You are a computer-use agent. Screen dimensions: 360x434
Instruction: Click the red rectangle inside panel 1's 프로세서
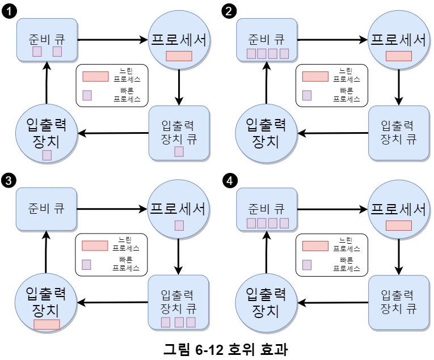coord(179,56)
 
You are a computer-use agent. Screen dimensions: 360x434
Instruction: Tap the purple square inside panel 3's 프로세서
coord(179,226)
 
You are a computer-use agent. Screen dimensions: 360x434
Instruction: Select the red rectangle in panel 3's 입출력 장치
coord(47,324)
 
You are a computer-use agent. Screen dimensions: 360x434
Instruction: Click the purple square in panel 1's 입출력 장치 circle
coord(47,154)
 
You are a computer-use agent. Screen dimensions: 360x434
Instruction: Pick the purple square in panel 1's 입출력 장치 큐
coord(179,151)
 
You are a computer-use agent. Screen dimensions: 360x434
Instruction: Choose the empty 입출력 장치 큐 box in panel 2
coord(398,133)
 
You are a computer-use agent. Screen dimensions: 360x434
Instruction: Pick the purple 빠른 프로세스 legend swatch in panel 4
coord(307,264)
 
